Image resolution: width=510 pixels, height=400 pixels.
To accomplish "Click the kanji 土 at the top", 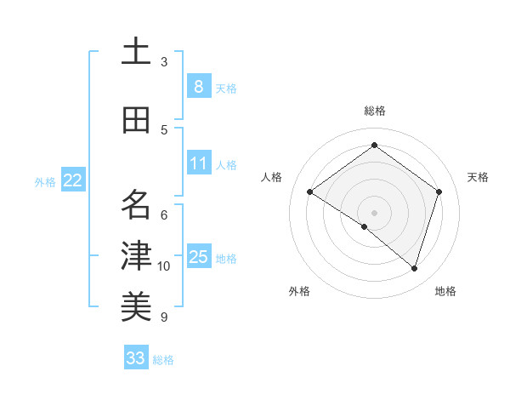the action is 136,53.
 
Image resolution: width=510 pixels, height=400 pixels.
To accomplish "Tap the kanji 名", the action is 136,204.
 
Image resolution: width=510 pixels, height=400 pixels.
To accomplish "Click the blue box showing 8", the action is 198,86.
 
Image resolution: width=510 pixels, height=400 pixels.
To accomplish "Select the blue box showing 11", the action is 198,163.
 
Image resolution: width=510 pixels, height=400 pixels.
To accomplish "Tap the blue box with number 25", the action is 198,257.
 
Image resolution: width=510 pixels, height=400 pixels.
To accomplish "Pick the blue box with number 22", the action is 73,180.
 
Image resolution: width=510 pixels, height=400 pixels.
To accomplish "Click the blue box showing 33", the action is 136,358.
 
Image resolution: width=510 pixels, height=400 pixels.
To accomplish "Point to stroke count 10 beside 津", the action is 164,266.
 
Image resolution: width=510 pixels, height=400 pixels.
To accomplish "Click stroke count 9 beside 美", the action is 164,317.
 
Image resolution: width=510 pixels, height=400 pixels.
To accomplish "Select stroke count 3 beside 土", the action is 164,62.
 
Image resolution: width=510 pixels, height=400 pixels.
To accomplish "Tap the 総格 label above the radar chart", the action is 374,111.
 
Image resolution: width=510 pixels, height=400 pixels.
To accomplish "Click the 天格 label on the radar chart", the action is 479,177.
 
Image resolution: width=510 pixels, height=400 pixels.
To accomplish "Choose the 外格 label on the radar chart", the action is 299,292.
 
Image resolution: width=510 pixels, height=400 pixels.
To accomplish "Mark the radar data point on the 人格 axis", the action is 310,192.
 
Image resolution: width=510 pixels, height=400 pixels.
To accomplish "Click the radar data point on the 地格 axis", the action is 414,269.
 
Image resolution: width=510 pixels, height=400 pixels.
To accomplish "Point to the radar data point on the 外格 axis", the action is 365,226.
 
